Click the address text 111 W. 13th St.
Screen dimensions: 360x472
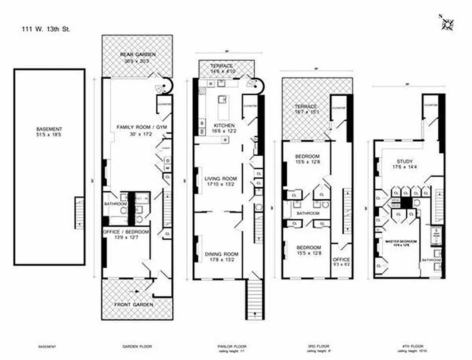(x=46, y=30)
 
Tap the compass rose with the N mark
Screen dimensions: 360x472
(x=447, y=23)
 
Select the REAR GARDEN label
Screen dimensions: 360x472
(x=137, y=58)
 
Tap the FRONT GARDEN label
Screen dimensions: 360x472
(x=137, y=305)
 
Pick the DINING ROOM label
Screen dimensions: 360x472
(x=219, y=256)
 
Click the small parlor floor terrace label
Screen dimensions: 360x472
(x=221, y=68)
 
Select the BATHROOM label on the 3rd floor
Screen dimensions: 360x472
(x=308, y=213)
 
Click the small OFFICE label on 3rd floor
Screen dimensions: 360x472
(x=341, y=262)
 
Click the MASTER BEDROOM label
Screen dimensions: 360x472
(x=400, y=243)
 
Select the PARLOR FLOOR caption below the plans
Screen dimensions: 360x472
(x=225, y=347)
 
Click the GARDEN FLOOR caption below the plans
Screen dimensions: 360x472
(x=137, y=347)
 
